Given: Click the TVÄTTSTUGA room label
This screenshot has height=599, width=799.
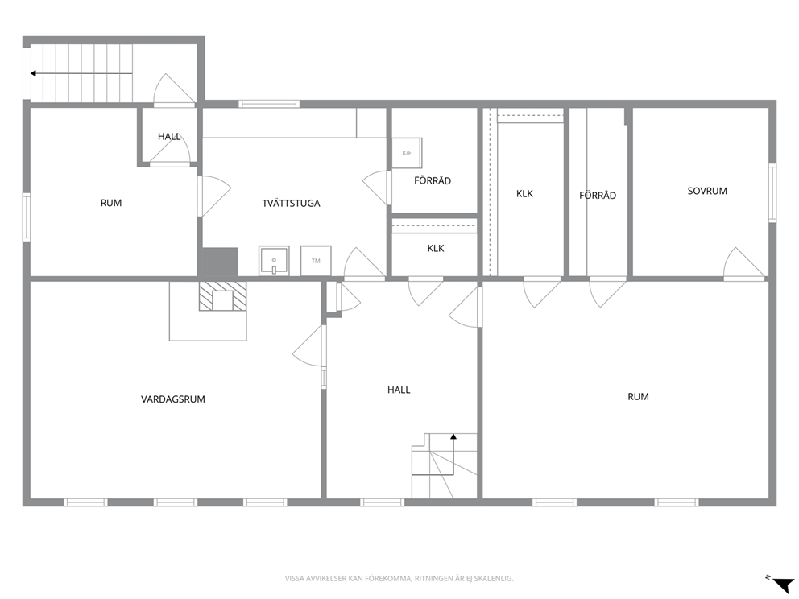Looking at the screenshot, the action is coord(291,203).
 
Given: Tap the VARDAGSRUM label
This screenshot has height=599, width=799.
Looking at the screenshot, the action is coord(172,399).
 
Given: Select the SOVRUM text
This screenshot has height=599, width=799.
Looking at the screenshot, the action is coord(707,191).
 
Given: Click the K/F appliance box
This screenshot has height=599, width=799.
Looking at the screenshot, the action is coord(407,153).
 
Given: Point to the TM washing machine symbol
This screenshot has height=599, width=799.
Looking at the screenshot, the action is coord(316,261).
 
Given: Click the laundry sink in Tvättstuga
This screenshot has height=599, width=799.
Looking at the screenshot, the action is coord(274,261).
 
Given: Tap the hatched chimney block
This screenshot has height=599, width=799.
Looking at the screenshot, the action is coord(222,296).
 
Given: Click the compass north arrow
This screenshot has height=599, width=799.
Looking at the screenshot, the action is coord(783,585).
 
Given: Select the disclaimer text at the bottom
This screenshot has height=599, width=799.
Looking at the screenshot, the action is coord(399,579).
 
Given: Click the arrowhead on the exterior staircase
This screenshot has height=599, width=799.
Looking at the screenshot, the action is coord(34,73).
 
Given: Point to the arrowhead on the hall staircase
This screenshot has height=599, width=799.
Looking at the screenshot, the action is coord(453,436).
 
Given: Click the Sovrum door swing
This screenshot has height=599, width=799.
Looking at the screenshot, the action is coord(744,264).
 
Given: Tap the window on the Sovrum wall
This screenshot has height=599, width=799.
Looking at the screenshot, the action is coord(772,192).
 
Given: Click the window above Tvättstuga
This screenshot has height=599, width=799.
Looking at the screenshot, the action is coord(269,104).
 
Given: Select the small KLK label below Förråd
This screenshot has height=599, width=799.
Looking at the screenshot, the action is coord(436,248).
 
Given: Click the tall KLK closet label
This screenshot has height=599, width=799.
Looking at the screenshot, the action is coord(524,193).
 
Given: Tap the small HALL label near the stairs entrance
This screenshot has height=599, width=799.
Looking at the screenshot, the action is coord(169,137).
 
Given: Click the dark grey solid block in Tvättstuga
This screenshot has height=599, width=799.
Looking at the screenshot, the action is coord(220,262).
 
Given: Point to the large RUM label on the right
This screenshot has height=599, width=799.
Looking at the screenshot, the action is coord(638,396).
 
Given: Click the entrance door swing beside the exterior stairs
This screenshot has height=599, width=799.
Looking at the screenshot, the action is coord(174,89).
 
